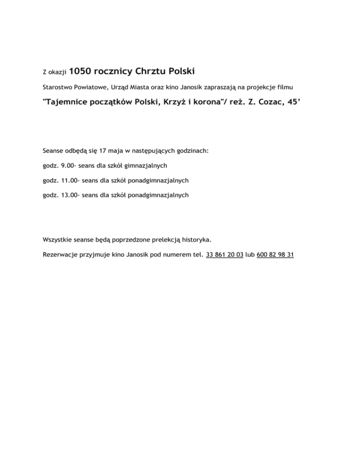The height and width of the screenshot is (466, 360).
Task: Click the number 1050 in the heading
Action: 82,71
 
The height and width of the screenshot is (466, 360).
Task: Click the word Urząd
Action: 119,87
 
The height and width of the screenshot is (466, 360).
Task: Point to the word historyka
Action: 196,240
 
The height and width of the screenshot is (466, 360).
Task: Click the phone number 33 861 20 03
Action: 225,255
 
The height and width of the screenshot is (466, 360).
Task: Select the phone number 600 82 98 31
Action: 276,255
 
